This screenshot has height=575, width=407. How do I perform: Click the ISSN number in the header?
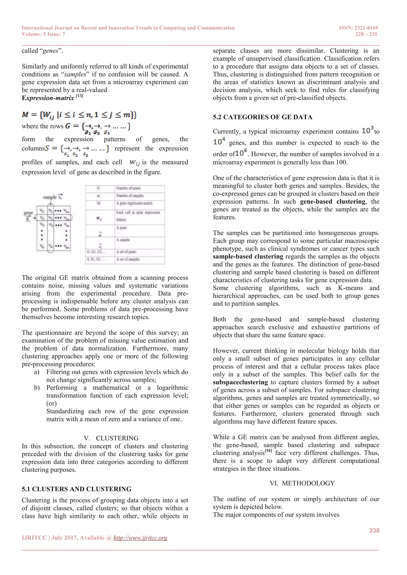pos(358,28)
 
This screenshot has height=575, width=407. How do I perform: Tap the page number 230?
pos(374,530)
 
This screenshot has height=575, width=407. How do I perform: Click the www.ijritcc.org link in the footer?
pos(140,538)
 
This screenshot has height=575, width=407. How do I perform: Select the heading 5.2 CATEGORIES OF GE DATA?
pos(262,117)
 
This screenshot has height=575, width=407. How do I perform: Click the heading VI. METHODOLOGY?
pos(302,483)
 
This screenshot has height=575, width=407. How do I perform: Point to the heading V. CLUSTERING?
pos(111,438)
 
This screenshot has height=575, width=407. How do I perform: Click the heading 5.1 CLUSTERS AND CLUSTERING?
pos(77,489)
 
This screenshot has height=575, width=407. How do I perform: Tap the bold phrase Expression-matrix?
pos(48,98)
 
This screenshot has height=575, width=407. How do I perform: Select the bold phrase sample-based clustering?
pos(248,257)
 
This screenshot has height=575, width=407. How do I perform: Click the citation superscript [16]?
pos(268,451)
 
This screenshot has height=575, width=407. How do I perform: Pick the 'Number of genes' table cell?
pos(128,188)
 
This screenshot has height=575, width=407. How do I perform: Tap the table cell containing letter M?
pos(99,203)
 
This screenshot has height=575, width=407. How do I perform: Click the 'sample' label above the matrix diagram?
pos(50,197)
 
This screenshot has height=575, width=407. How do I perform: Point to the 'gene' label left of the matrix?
pos(28,213)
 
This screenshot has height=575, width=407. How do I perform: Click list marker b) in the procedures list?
pos(37,388)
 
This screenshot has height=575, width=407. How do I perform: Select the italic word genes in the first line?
pos(50,51)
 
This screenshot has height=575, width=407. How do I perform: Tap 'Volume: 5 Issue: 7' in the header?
pos(43,34)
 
